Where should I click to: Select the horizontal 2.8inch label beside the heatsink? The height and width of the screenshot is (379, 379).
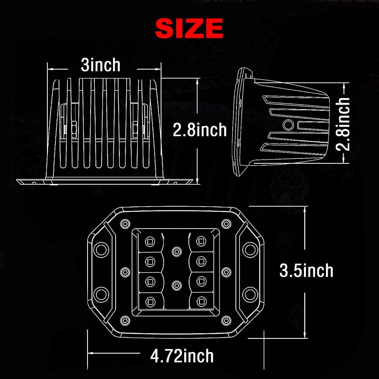coord(199,130)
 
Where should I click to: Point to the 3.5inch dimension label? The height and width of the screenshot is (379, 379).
coord(306,271)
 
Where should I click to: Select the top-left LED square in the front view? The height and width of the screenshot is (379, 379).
coord(150,240)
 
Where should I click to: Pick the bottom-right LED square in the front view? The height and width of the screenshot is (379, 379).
coord(201,302)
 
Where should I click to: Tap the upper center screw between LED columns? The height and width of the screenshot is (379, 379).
coord(175,251)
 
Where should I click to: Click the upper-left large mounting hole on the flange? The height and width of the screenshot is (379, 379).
coord(101,249)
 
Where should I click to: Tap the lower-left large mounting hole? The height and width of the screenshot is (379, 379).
coord(101,293)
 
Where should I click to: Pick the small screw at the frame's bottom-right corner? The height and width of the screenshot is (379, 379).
coord(227,321)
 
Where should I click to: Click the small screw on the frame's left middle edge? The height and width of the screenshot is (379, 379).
coord(123,271)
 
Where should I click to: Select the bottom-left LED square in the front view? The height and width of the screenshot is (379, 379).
coord(150,302)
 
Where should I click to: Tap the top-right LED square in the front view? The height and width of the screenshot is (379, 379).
coord(201,240)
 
